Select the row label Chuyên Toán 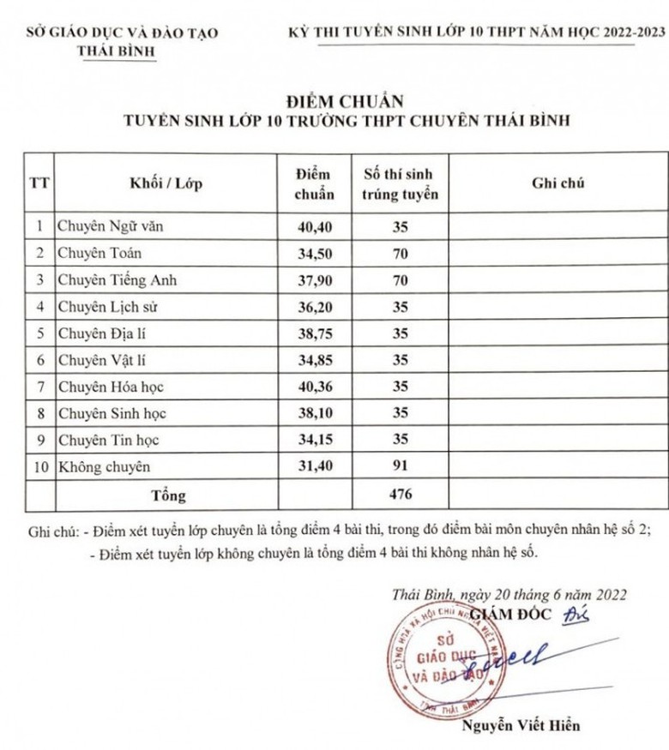coord(99,253)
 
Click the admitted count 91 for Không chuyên coord(399,466)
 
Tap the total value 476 coord(399,494)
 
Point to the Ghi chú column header coord(557,183)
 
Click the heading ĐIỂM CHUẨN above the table coord(334,101)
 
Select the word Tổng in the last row coord(168,494)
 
